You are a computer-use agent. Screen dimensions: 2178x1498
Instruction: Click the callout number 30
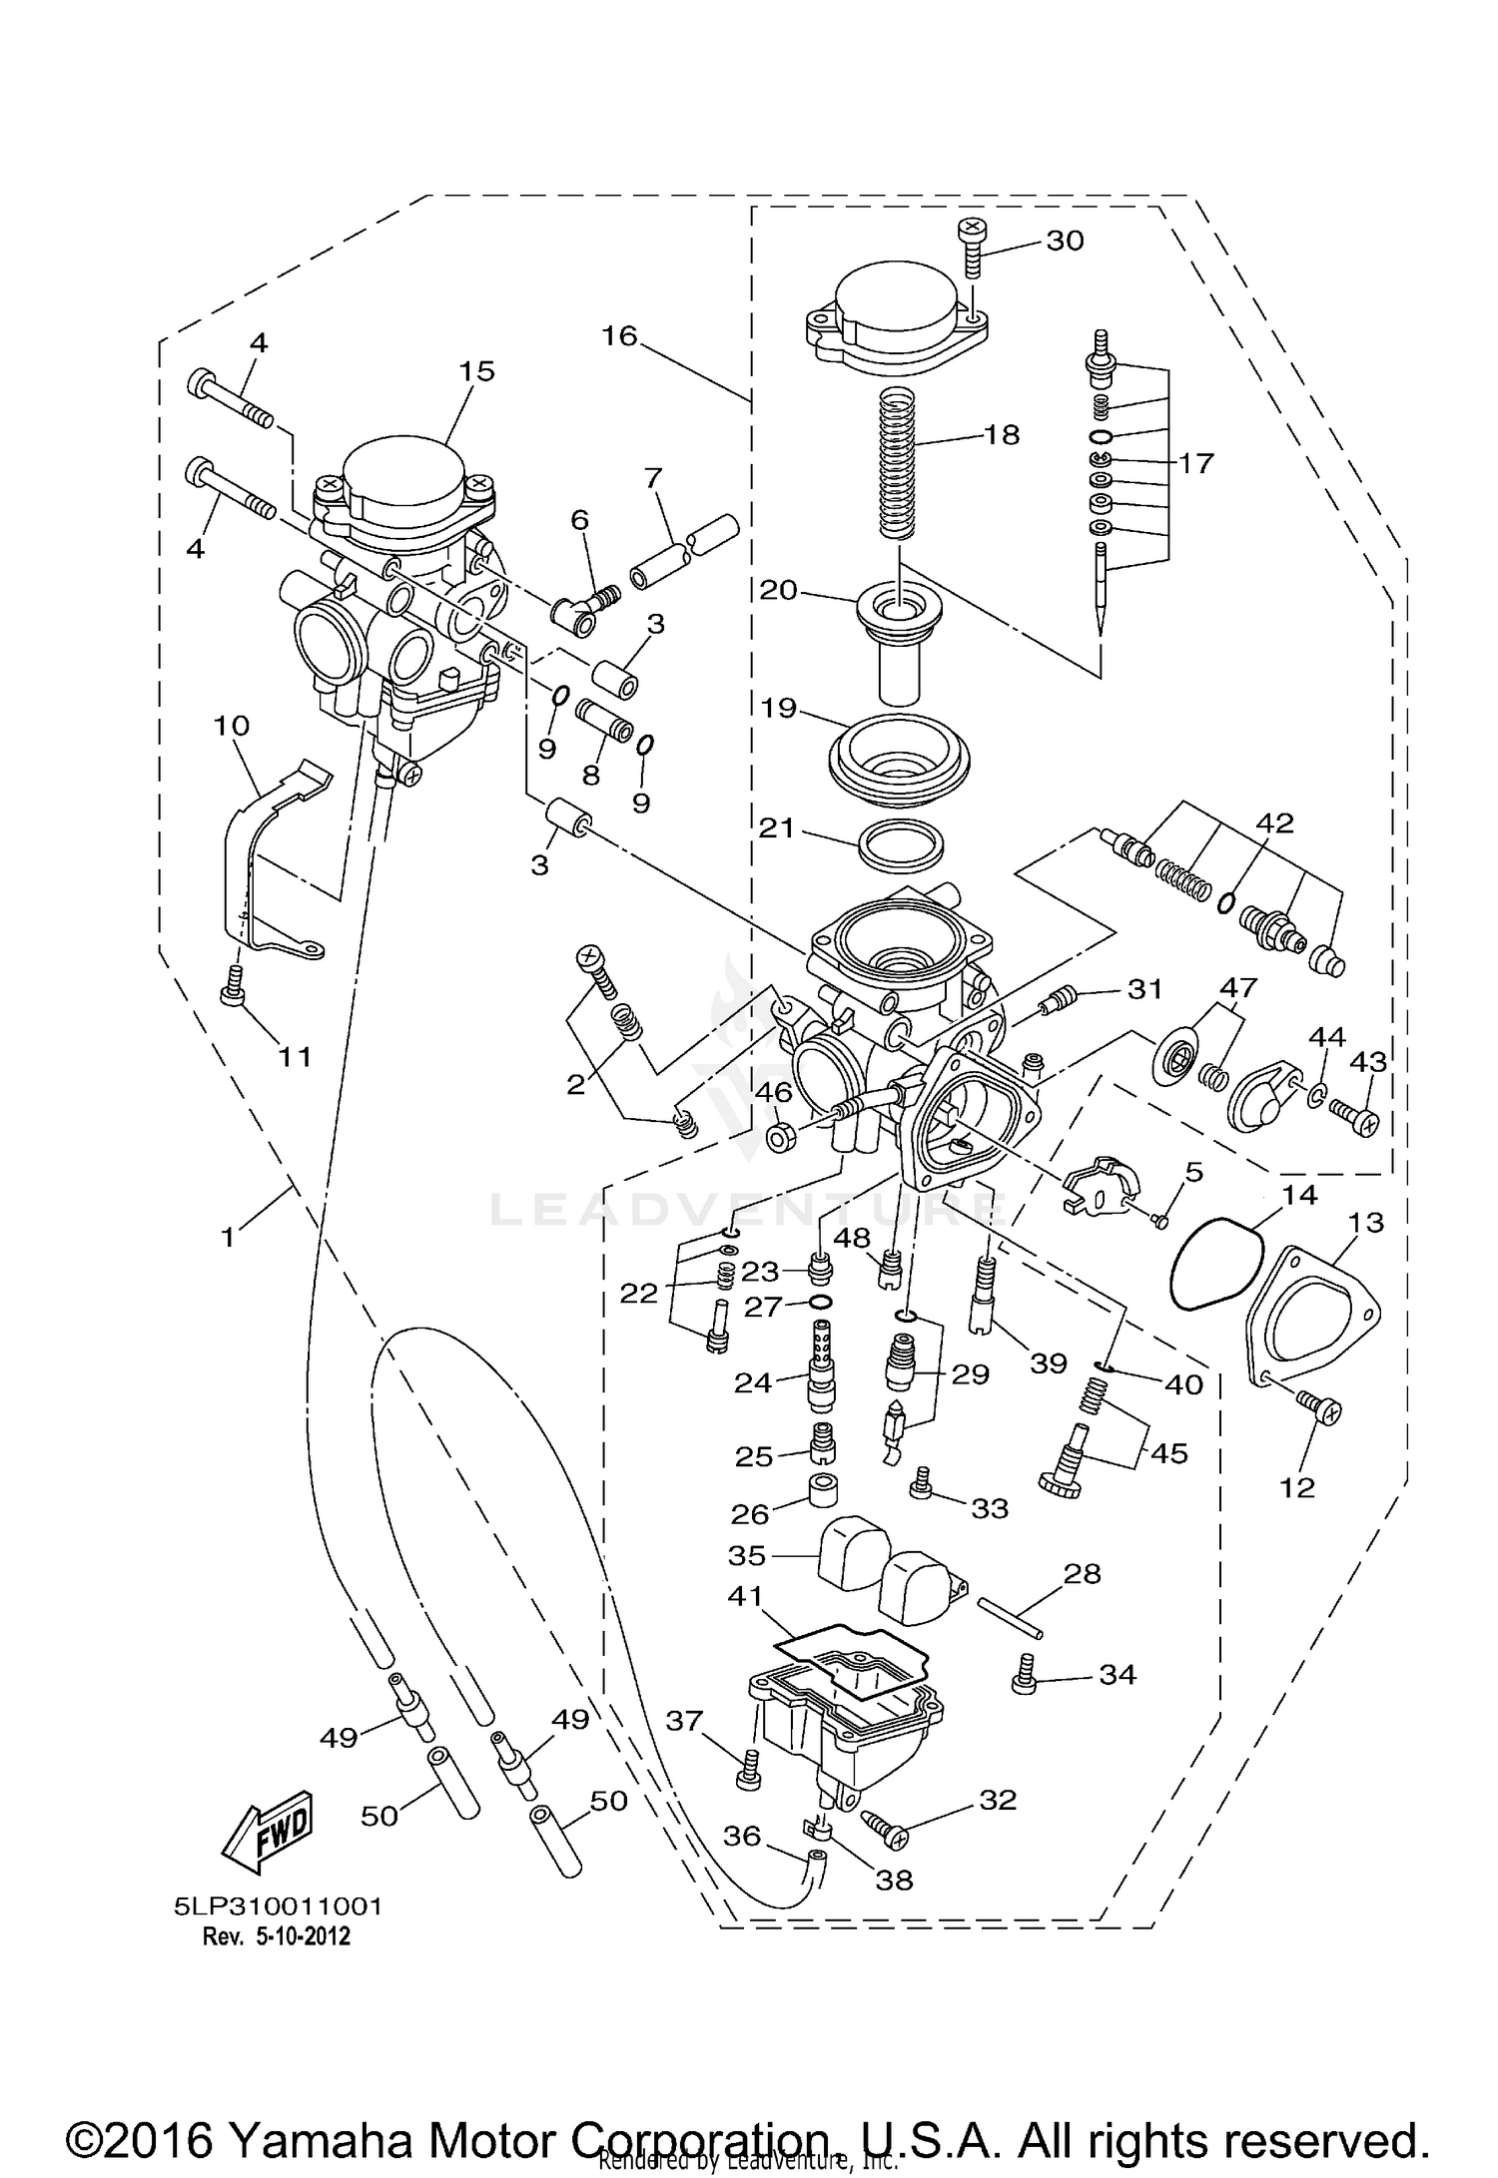[x=1065, y=241]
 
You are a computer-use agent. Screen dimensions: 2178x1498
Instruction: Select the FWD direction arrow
[x=268, y=1836]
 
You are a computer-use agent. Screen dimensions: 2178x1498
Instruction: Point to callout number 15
[x=476, y=371]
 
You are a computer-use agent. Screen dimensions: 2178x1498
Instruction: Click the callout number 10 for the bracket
[x=231, y=725]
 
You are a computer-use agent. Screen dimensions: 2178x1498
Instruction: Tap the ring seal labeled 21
[x=901, y=846]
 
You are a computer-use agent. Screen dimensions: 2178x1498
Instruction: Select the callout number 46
[x=774, y=1093]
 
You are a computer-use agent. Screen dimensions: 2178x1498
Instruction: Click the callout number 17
[x=1195, y=463]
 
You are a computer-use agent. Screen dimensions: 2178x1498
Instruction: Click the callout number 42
[x=1273, y=823]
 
